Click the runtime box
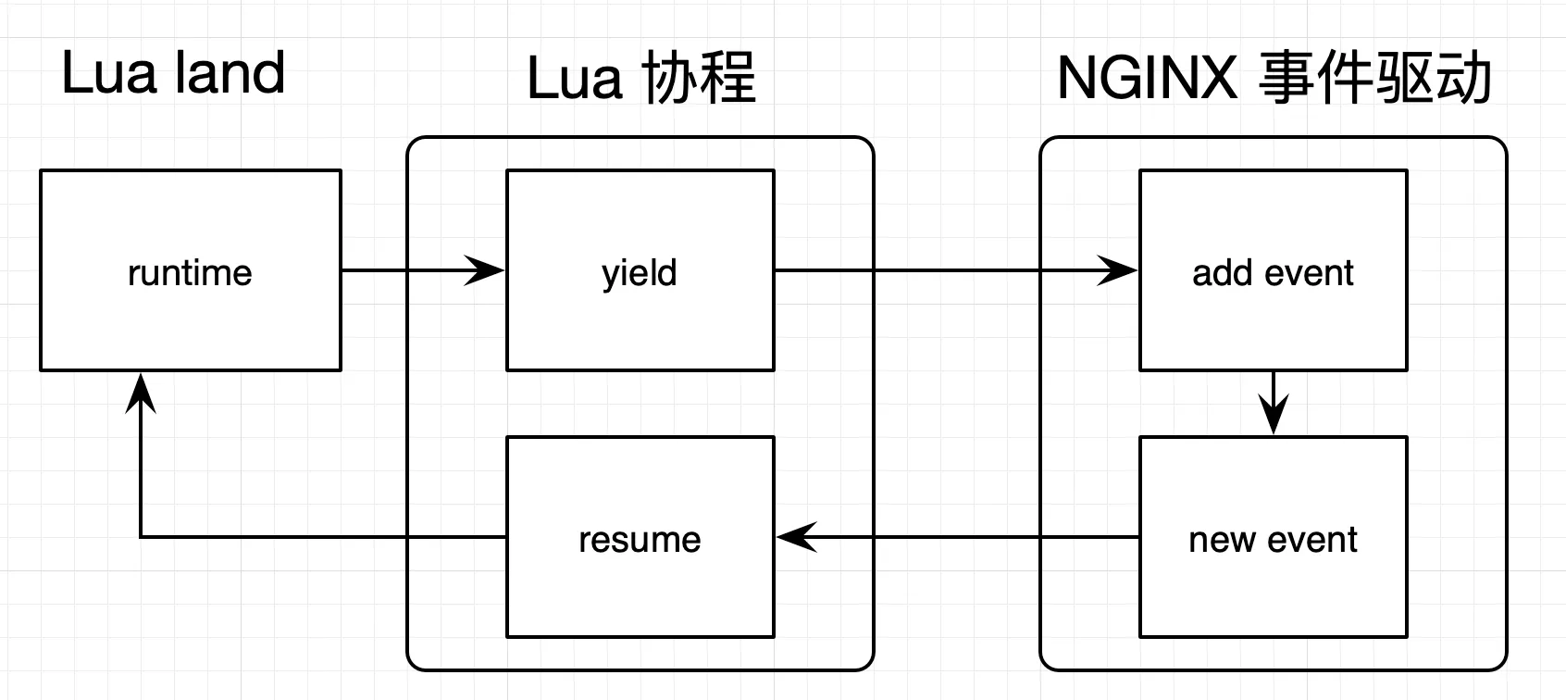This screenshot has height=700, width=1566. click(x=190, y=270)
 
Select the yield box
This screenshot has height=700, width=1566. click(x=640, y=270)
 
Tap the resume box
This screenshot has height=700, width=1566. click(x=640, y=537)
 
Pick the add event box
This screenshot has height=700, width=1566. click(x=1273, y=270)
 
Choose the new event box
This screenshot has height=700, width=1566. click(x=1273, y=537)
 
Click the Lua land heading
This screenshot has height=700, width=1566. click(x=173, y=73)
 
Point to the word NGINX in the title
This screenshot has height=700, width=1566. click(x=1147, y=78)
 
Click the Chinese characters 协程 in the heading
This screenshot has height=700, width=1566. click(x=699, y=78)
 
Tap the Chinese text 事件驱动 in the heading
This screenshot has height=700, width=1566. click(x=1374, y=78)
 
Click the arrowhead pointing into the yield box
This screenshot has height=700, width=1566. click(x=485, y=270)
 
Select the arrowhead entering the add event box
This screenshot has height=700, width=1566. click(x=1118, y=270)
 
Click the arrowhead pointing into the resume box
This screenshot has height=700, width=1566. click(x=796, y=537)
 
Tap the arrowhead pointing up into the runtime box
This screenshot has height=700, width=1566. click(x=141, y=393)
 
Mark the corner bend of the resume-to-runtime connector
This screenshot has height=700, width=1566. click(x=141, y=537)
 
